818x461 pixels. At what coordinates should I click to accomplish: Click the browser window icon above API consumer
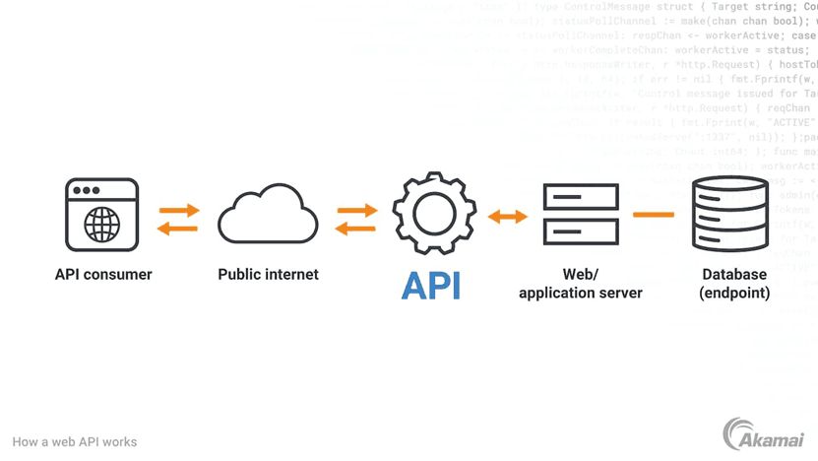[x=102, y=214]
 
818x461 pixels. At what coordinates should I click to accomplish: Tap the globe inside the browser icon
[x=102, y=226]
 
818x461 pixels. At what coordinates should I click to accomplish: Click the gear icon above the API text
[x=434, y=214]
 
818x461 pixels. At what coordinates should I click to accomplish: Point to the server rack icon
[x=581, y=214]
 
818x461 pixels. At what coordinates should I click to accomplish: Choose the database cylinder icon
[x=729, y=214]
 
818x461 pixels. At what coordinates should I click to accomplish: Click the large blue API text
[x=431, y=285]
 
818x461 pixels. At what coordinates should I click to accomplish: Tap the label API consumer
[x=103, y=275]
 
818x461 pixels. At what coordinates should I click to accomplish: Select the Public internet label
[x=268, y=275]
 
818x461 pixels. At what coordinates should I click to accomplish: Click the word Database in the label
[x=734, y=275]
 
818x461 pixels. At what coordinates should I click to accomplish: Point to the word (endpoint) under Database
[x=734, y=293]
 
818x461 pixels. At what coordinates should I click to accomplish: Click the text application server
[x=581, y=293]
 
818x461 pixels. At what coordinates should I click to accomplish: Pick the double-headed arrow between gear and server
[x=508, y=216]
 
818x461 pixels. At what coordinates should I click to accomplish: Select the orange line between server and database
[x=654, y=214]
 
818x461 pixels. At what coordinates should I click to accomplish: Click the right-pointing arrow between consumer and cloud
[x=179, y=210]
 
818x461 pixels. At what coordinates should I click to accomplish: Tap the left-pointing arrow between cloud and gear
[x=355, y=229]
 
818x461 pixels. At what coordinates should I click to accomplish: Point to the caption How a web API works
[x=75, y=442]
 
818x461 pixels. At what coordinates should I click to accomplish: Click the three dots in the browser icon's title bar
[x=87, y=190]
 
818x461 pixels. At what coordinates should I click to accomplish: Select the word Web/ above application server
[x=581, y=275]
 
